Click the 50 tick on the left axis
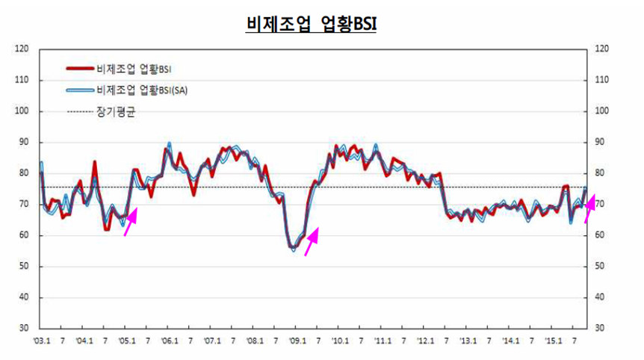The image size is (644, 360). coord(23,267)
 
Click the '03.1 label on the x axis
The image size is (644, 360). coord(42,341)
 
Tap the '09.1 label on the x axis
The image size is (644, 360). coord(297,341)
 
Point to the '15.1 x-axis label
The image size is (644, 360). coord(553,341)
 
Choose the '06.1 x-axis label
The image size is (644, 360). coord(170,341)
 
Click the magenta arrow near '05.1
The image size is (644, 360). coord(130,222)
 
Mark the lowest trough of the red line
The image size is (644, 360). coord(293,246)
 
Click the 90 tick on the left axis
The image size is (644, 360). coord(23,142)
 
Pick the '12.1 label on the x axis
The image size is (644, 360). coord(425,341)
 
